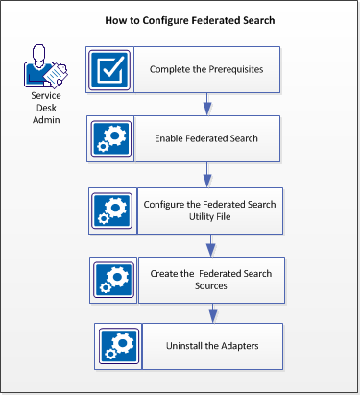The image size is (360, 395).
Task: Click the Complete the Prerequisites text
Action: pos(207,69)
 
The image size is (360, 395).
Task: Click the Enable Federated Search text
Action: pos(207,138)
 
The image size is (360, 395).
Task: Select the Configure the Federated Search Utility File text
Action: pos(210,209)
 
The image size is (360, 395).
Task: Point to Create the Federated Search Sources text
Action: pos(211,280)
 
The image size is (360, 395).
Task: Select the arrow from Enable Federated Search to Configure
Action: pos(207,174)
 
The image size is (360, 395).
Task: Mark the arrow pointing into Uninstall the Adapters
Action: pos(212,313)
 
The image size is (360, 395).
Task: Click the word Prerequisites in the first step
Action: pos(235,69)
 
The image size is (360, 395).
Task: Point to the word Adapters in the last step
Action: pos(235,347)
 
